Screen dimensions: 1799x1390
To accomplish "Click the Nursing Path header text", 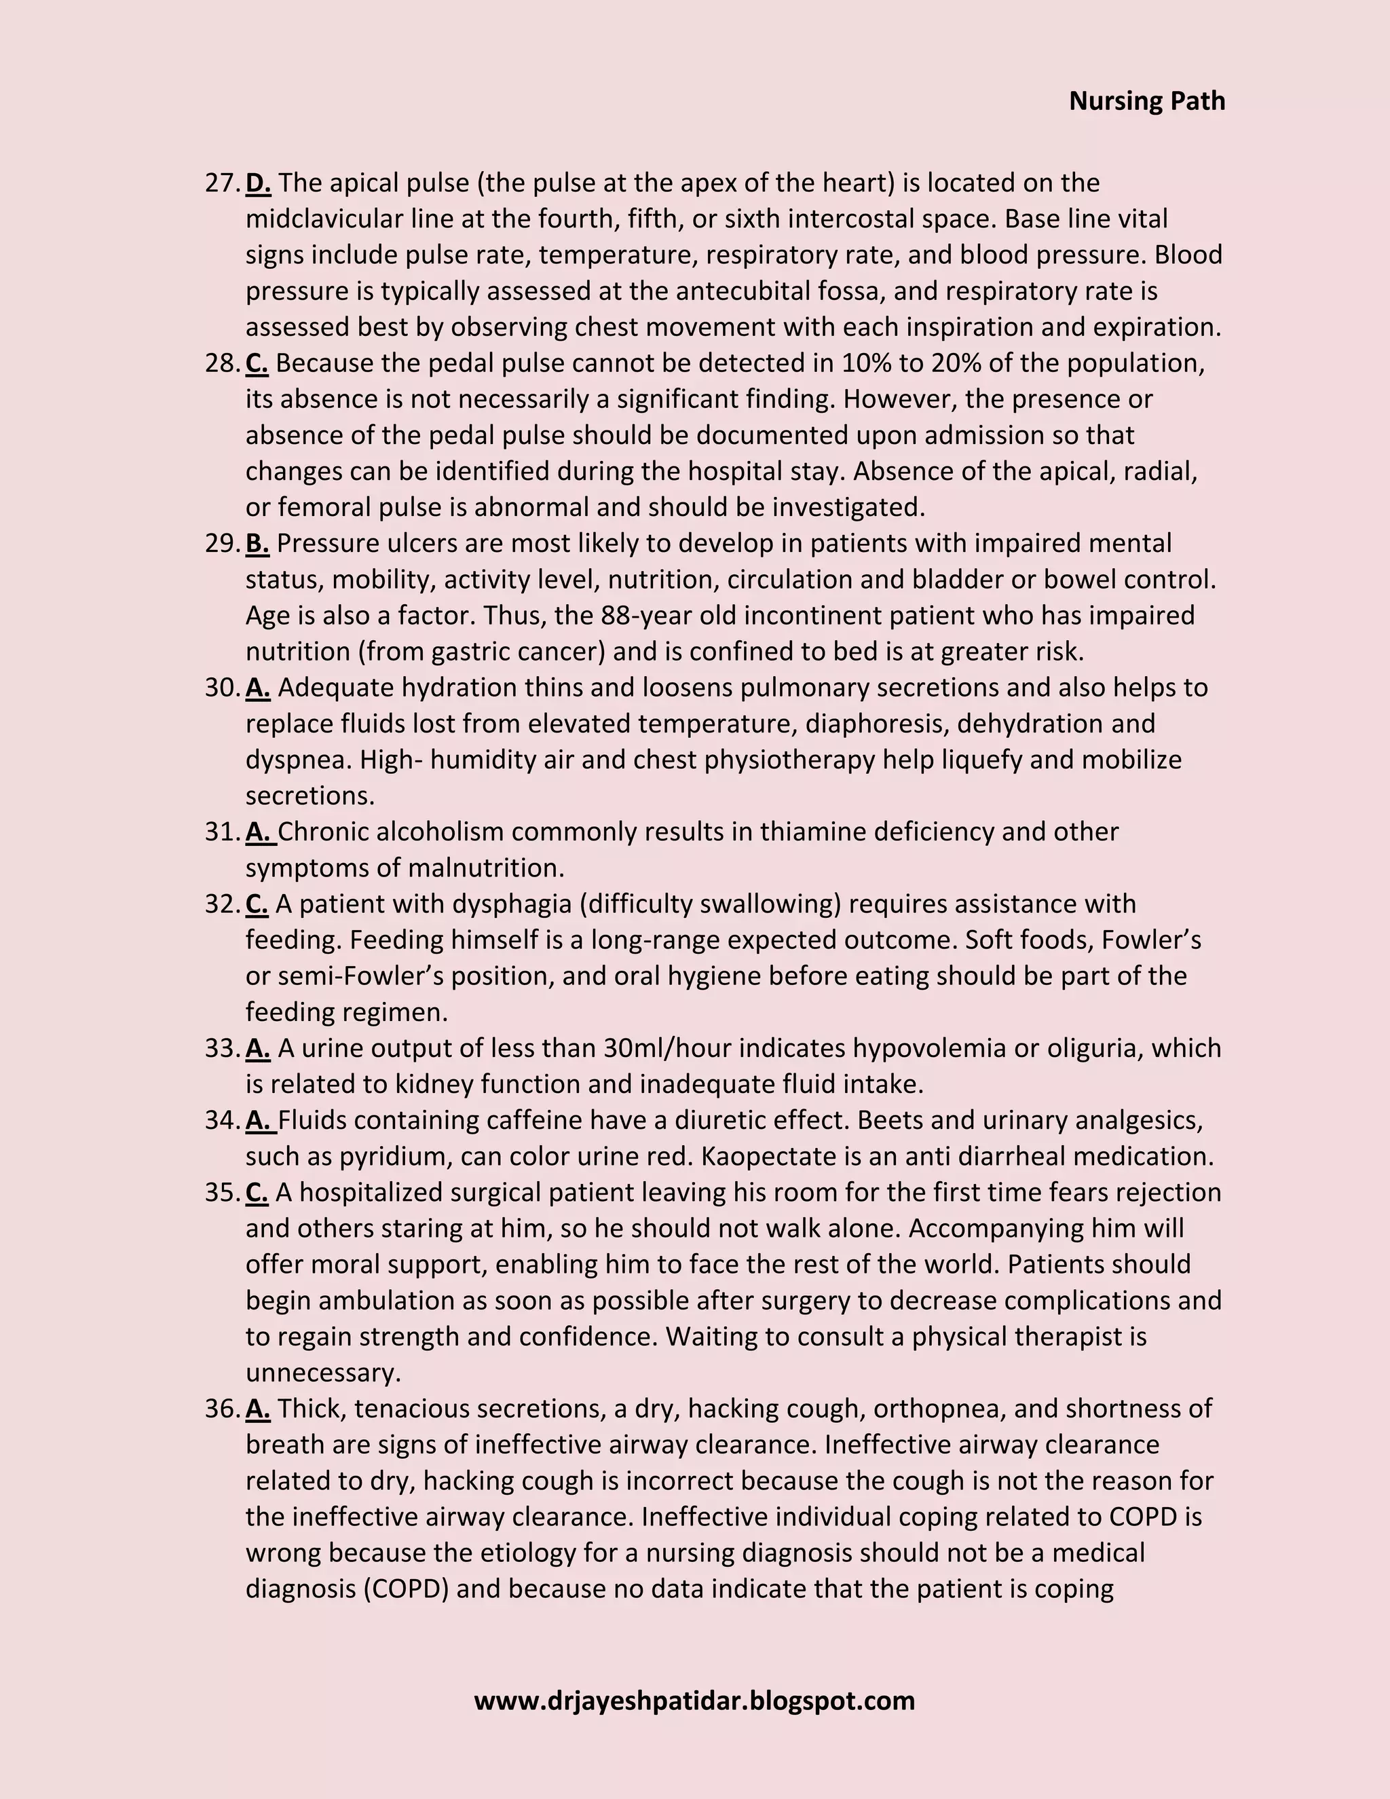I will point(1146,101).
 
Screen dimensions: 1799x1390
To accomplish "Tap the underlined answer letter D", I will point(258,183).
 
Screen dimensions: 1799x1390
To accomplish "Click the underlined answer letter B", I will point(257,544).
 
